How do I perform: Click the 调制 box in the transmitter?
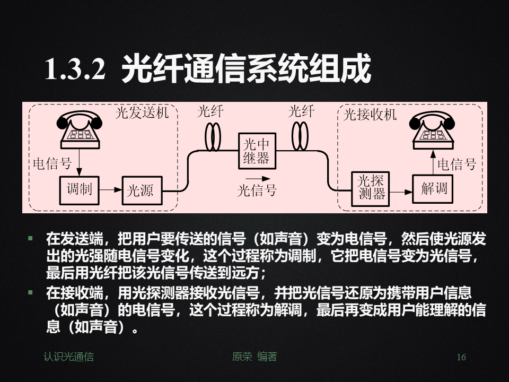(79, 189)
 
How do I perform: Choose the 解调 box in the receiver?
(433, 189)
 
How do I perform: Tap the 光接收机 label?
(370, 115)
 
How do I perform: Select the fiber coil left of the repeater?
(213, 137)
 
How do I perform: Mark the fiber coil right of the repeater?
(300, 137)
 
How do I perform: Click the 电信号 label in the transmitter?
(52, 164)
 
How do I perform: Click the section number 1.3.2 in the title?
(75, 69)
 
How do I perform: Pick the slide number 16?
(461, 358)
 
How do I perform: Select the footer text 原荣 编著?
(254, 357)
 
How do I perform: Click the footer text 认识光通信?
(68, 357)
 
